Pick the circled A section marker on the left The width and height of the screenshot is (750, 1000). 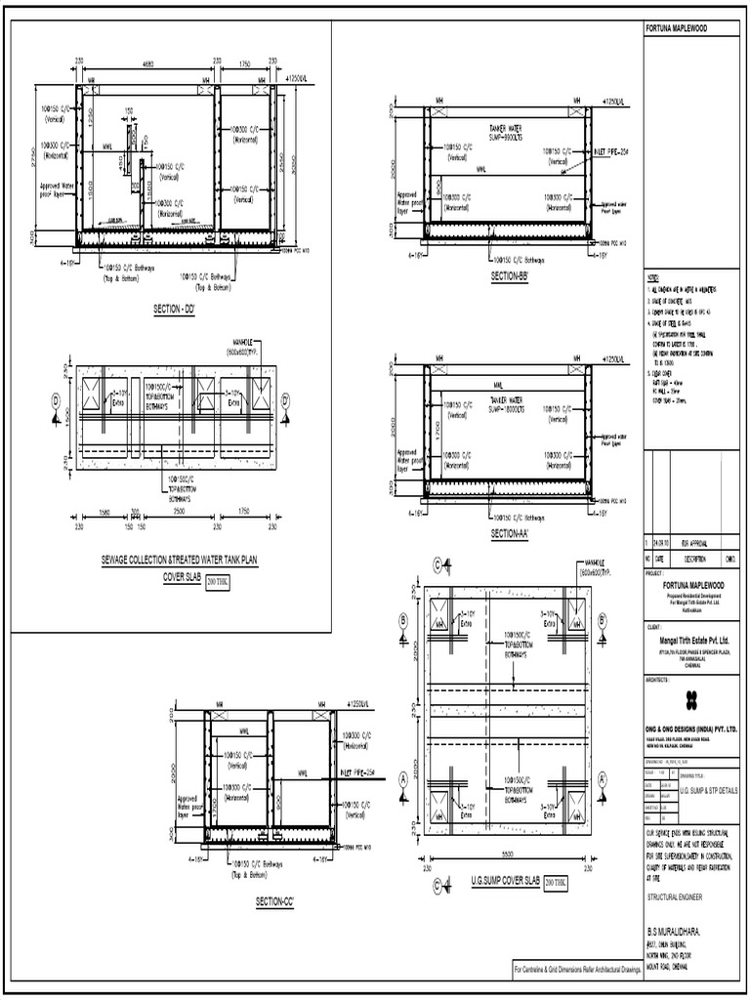click(x=401, y=778)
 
